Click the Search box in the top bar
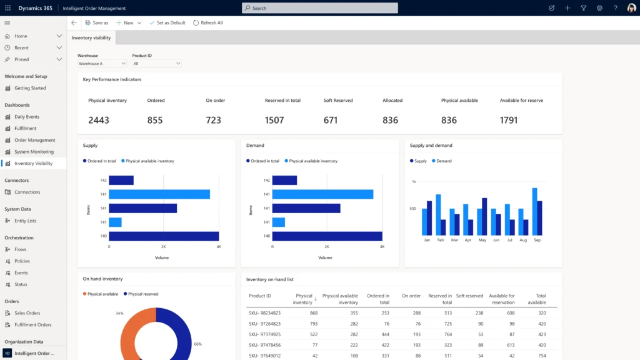(319, 8)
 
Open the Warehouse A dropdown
(102, 63)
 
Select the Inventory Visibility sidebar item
(33, 164)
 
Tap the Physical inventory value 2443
(99, 120)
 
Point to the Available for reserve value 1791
(509, 120)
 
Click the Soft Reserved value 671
(331, 120)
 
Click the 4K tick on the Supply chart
(219, 247)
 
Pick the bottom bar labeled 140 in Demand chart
(327, 236)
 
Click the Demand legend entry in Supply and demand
(443, 161)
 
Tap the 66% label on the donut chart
(198, 344)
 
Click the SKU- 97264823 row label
(264, 324)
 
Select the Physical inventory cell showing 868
(313, 312)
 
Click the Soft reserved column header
(469, 296)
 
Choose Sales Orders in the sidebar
(27, 313)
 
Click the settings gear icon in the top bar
(599, 8)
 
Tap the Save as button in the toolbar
(97, 22)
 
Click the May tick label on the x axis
(482, 240)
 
